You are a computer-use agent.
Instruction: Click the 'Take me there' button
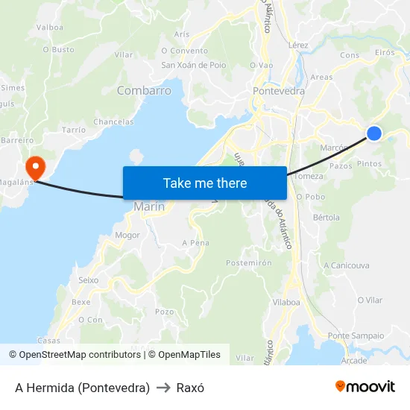coord(205,183)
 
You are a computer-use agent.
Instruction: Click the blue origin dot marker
coord(374,133)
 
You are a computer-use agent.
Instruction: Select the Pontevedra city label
coord(279,91)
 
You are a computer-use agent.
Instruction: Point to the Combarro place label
coord(144,91)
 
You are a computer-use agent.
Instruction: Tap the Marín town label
coord(149,206)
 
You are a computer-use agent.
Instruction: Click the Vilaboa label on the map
coord(286,302)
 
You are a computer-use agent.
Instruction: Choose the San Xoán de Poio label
coord(194,65)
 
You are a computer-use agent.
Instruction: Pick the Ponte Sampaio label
coord(356,335)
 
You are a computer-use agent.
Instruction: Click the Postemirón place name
coord(248,262)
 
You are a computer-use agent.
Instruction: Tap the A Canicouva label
coord(346,265)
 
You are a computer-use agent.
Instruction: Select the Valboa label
coord(50,27)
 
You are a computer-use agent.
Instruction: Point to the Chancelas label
coord(113,122)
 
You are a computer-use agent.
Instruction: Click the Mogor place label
coord(127,235)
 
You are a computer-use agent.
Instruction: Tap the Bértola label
coord(327,218)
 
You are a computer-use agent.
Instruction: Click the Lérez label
coord(297,45)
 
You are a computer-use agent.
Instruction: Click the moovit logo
coord(365,386)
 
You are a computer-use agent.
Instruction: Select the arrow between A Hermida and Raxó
coord(163,388)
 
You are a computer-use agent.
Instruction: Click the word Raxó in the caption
coord(190,388)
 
